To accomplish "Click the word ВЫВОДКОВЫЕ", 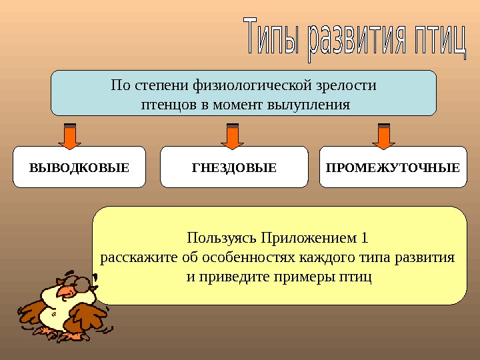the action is click(x=79, y=167).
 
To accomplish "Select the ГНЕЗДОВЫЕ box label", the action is click(x=234, y=167).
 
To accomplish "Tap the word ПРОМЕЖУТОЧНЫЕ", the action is click(x=393, y=167).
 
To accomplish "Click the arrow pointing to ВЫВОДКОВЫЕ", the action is click(x=69, y=135).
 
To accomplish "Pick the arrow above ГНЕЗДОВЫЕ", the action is click(x=233, y=135).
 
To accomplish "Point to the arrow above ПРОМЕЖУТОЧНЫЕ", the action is click(x=383, y=135).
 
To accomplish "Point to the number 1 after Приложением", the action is click(x=364, y=239).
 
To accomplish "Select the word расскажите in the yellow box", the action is click(x=133, y=257).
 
